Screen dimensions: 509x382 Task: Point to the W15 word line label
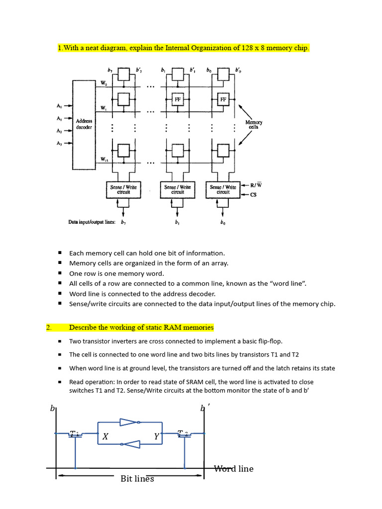[104, 160]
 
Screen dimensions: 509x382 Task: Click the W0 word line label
[103, 84]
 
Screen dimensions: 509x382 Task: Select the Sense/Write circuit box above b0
[223, 189]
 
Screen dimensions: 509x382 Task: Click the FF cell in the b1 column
[178, 99]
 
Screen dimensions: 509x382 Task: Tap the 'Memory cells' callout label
[254, 124]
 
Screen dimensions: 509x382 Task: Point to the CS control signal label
[253, 195]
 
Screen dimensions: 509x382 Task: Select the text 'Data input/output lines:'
[92, 222]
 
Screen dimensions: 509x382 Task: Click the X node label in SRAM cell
[105, 437]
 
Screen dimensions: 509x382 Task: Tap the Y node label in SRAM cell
[156, 436]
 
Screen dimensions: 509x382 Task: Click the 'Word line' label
[233, 469]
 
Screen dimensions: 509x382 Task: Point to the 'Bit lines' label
[137, 479]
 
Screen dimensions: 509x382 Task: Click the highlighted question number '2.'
[49, 328]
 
